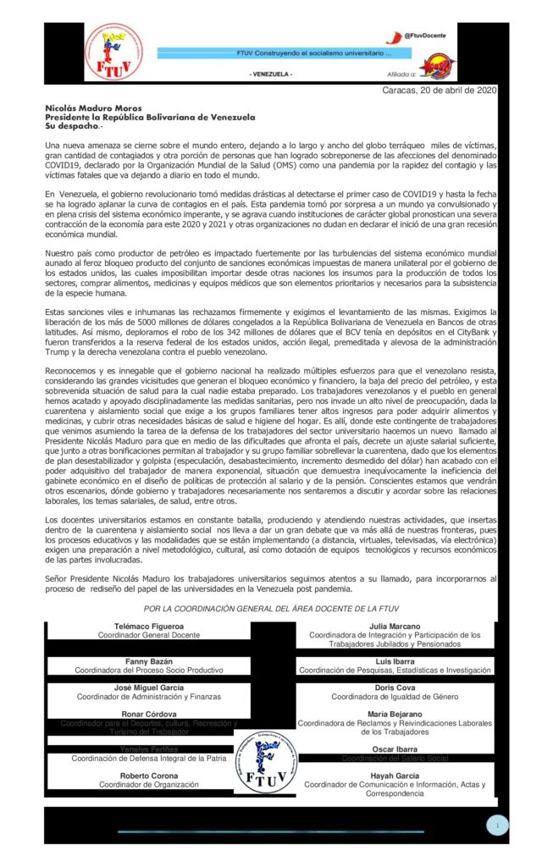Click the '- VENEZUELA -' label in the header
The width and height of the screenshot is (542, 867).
[271, 75]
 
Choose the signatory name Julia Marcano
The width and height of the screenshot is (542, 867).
[394, 626]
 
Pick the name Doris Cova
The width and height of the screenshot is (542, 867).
[394, 688]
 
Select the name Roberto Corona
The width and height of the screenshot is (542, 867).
[137, 775]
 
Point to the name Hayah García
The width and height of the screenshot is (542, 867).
[394, 775]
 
